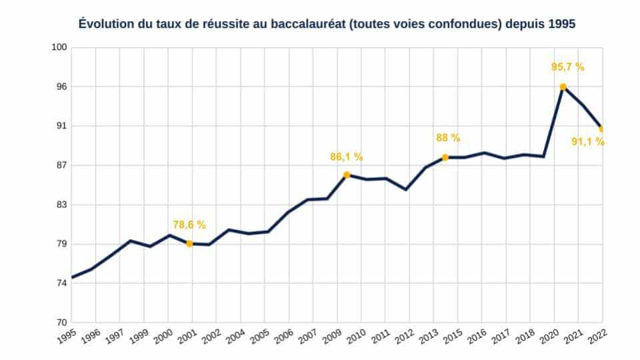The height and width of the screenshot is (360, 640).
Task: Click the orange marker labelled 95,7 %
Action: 563,87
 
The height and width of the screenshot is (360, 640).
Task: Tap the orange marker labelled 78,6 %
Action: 189,244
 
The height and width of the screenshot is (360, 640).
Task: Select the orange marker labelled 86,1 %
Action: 347,175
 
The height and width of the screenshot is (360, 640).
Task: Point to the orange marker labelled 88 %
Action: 445,157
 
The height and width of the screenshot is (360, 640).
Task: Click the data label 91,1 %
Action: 588,141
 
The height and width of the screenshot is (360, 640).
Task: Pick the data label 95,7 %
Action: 567,67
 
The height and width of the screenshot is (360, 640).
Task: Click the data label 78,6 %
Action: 189,225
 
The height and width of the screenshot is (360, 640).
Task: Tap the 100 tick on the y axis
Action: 60,47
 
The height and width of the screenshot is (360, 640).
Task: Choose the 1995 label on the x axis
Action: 67,337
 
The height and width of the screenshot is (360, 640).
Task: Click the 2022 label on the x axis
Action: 597,337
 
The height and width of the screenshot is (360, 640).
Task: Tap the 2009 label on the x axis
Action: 332,337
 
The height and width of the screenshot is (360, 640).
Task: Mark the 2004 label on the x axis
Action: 235,337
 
